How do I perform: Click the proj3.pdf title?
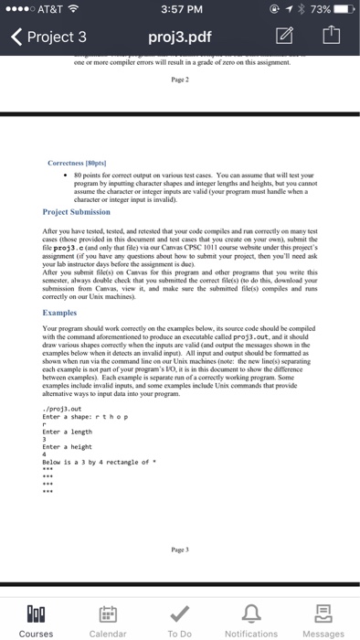coord(180,37)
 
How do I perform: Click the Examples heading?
coord(63,312)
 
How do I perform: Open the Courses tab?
coord(36,617)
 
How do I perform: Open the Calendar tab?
coord(108,617)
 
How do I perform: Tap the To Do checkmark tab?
coord(180,617)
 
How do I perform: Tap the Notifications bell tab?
coord(250,617)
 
